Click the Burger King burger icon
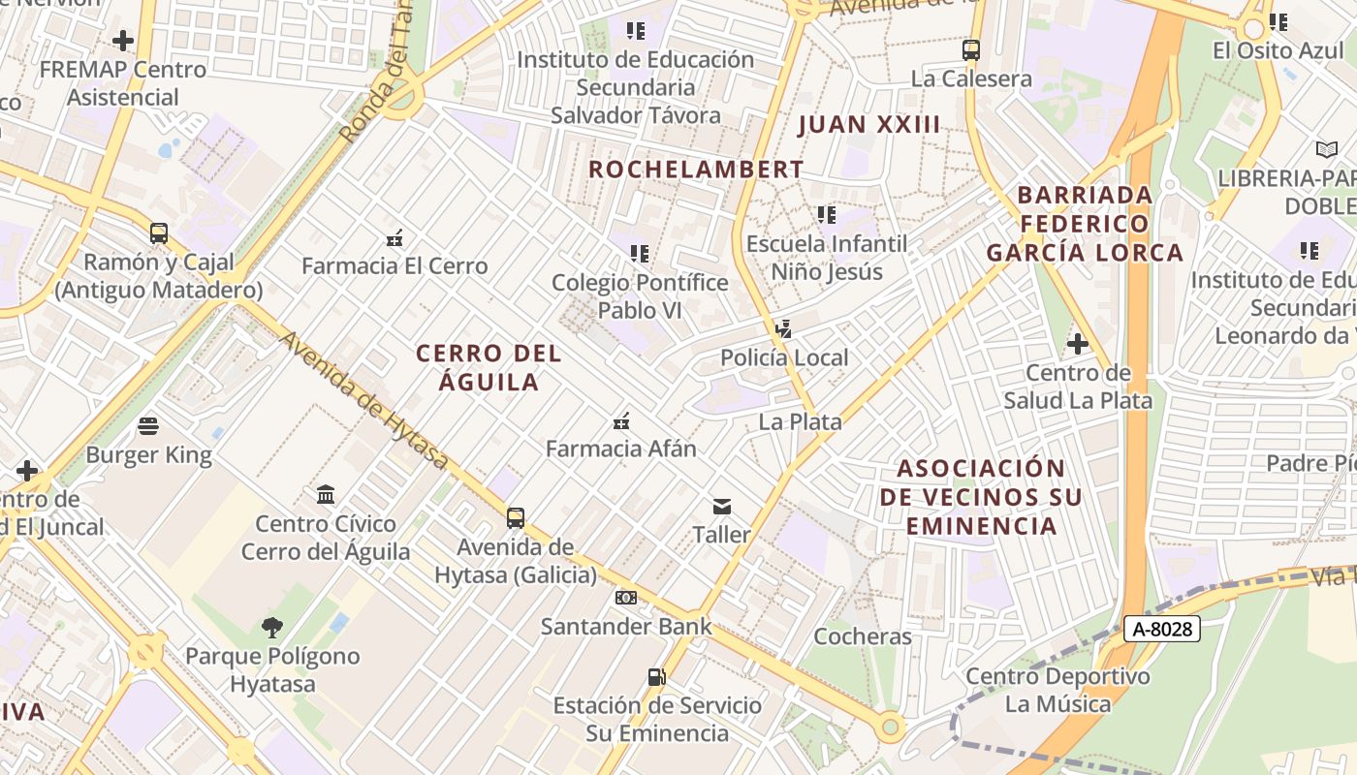pos(148,426)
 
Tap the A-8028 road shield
pos(1163,629)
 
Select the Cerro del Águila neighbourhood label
pos(489,367)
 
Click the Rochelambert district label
pos(696,170)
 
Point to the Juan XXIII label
pos(869,124)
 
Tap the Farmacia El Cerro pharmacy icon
pos(394,237)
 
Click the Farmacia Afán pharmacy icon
pos(621,421)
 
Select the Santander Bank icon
pos(626,598)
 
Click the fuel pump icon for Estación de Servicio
pos(657,677)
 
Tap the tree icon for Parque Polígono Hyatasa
pos(272,628)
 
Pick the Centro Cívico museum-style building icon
pos(326,495)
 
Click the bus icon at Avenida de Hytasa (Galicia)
pos(516,518)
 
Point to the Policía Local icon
pos(783,329)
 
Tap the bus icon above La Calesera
pos(971,50)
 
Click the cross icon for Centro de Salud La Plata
pos(1077,344)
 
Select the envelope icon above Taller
pos(722,506)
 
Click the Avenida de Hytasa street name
pos(364,400)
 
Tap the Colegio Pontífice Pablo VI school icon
pos(639,254)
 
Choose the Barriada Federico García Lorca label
pos(1086,224)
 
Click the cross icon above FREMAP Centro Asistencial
pos(123,41)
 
